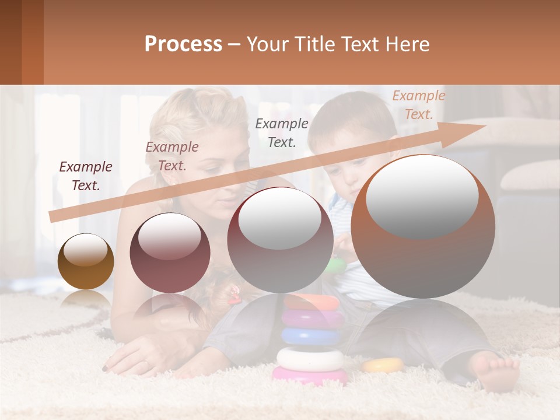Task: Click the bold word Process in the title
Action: click(x=183, y=44)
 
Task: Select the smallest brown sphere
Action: click(x=86, y=261)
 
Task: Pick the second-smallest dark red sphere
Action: click(x=170, y=253)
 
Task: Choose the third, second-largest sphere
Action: click(x=280, y=240)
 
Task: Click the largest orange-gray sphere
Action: click(x=423, y=226)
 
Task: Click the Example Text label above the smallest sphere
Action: click(x=86, y=176)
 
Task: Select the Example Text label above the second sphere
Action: click(x=172, y=156)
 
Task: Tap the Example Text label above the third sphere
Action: click(x=282, y=132)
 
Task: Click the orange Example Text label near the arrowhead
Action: click(x=419, y=105)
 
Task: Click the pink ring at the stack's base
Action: click(x=309, y=375)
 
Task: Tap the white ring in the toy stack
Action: click(x=310, y=358)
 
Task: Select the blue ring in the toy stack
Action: click(x=311, y=336)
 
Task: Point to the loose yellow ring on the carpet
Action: click(x=383, y=365)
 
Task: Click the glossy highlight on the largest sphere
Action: click(x=422, y=196)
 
